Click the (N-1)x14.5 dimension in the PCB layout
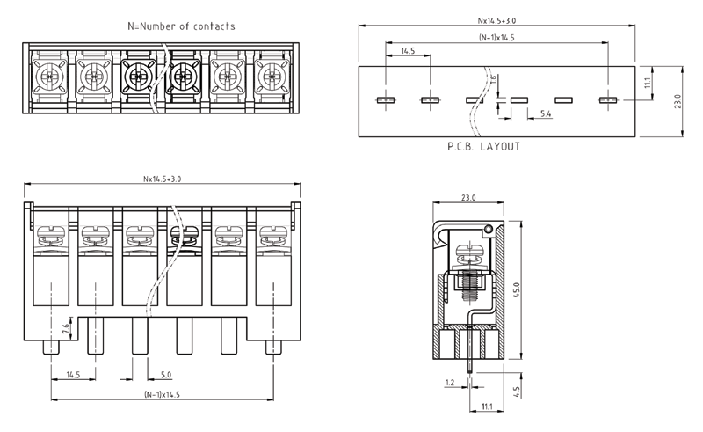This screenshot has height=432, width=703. tap(496, 39)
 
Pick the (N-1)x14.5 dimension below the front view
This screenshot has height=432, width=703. tap(161, 394)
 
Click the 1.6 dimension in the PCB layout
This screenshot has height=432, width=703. tap(495, 82)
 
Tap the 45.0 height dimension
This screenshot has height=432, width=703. tap(517, 289)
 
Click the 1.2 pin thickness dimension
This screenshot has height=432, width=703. tap(449, 384)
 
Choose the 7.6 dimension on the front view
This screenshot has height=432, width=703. tap(67, 329)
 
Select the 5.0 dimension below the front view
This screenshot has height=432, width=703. tap(165, 375)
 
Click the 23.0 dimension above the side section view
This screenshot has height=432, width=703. tap(467, 198)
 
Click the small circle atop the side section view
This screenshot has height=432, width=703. tap(489, 231)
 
